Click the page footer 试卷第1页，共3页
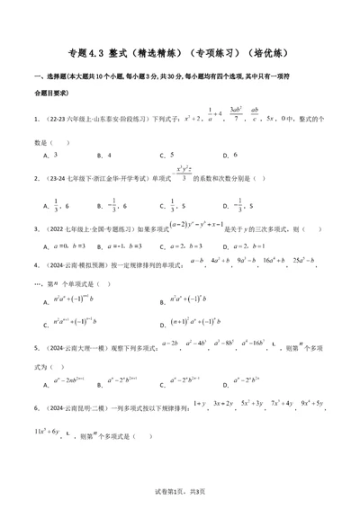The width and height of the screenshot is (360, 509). tap(180, 489)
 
